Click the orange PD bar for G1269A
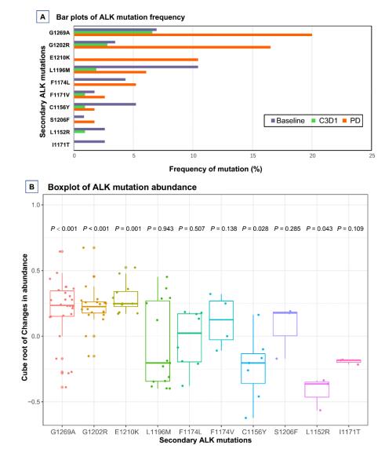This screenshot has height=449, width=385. click(x=193, y=35)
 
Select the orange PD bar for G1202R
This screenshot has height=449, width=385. click(x=173, y=47)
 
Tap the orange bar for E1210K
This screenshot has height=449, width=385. click(x=136, y=60)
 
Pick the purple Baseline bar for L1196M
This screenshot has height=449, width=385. click(x=136, y=67)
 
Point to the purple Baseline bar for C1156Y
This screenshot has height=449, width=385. click(x=105, y=104)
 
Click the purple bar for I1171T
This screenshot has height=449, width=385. click(x=89, y=141)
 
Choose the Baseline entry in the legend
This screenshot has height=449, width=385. click(x=288, y=121)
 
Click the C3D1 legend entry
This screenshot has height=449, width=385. click(x=325, y=121)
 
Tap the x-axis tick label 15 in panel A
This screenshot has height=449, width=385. click(x=252, y=155)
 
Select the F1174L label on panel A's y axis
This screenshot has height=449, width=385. click(x=60, y=82)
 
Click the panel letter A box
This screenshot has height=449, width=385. click(x=42, y=17)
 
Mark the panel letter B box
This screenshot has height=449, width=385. click(x=31, y=187)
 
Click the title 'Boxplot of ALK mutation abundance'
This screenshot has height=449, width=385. click(x=122, y=188)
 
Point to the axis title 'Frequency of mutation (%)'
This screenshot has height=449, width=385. click(x=216, y=169)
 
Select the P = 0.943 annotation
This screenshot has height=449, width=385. click(x=160, y=228)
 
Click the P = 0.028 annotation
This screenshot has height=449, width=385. click(x=255, y=228)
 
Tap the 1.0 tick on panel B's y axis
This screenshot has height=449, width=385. click(x=36, y=205)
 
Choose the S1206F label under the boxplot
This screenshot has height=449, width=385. click(x=285, y=432)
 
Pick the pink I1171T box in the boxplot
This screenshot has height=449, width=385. click(x=349, y=361)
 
